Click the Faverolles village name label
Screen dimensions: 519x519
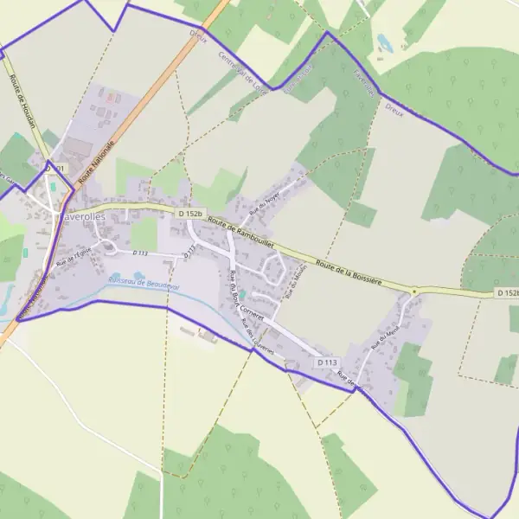coord(83,216)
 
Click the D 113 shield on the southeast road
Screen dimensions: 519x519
coord(326,362)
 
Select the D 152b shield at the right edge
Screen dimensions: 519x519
coord(509,294)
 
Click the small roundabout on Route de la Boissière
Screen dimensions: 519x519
coord(414,292)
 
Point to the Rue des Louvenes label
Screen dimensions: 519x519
coord(258,336)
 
